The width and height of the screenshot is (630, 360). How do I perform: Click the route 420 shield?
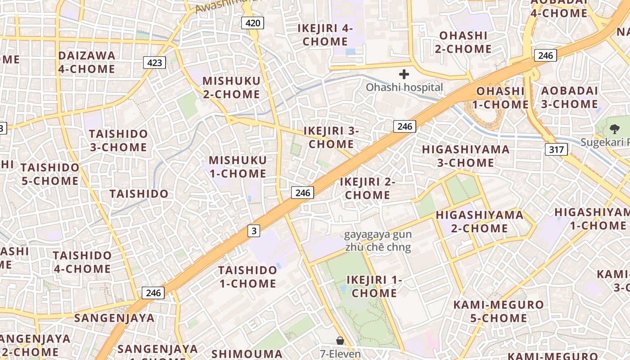(252, 23)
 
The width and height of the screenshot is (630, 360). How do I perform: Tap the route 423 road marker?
(154, 63)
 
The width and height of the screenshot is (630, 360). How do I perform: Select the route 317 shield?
(556, 149)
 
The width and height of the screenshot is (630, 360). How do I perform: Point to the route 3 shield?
(254, 231)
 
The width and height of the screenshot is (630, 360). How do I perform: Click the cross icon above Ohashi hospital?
(404, 74)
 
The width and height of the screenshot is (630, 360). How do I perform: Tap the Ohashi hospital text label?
(404, 87)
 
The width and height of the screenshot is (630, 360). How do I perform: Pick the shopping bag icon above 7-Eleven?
(340, 341)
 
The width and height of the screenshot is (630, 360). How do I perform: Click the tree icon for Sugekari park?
(614, 130)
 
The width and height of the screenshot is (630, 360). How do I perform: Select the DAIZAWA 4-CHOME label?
(86, 62)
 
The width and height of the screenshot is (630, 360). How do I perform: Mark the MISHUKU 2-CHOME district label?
(231, 88)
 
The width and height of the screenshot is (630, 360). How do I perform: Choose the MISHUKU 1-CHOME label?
(238, 167)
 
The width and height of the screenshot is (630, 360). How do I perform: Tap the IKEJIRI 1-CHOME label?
(374, 287)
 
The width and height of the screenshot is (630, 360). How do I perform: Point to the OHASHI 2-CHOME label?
(463, 42)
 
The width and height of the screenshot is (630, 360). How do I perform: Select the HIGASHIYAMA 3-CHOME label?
(466, 156)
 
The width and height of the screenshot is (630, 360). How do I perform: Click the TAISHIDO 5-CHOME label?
(50, 174)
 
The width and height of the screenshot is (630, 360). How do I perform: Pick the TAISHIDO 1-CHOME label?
(247, 277)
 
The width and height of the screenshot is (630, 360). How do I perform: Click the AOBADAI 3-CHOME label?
(569, 97)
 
